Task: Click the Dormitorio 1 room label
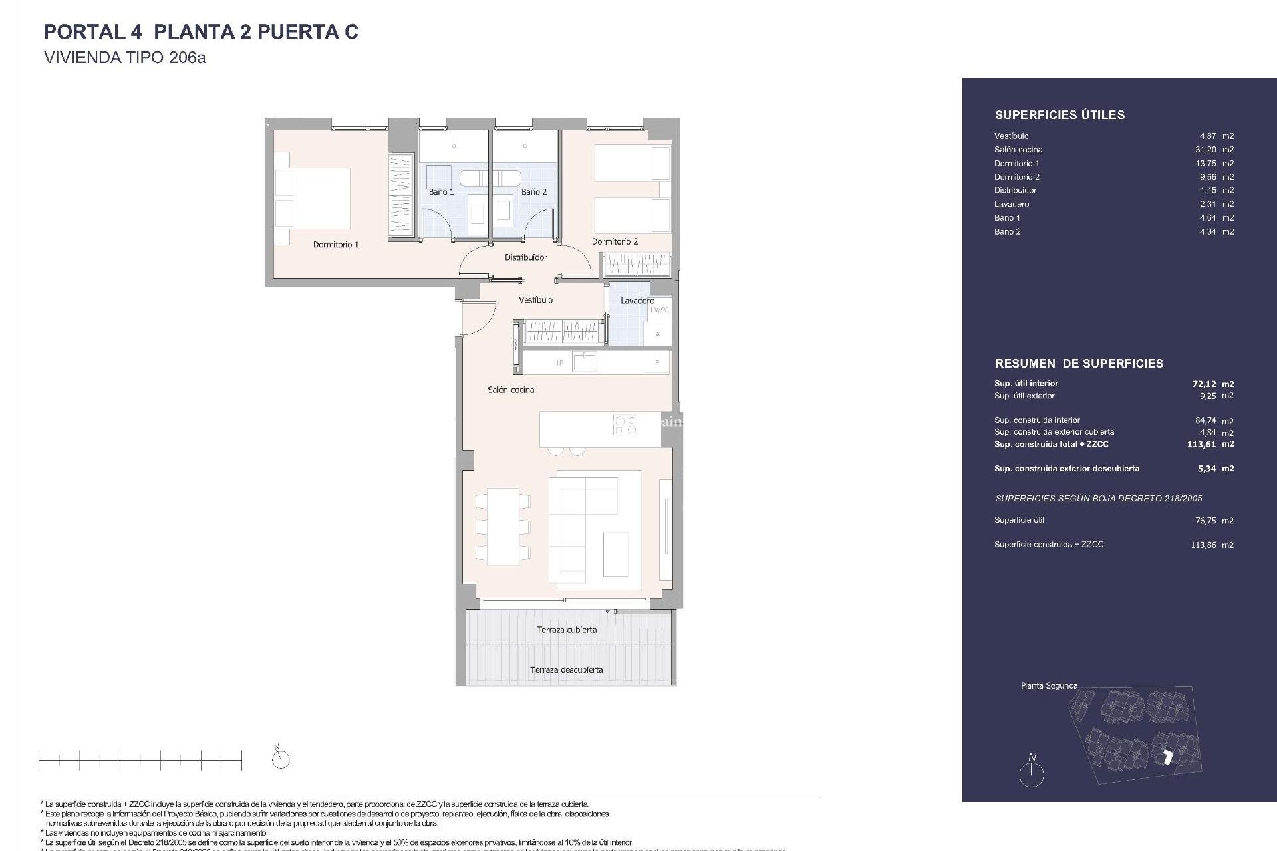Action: (336, 245)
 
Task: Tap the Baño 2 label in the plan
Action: (534, 192)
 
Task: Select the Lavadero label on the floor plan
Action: (637, 301)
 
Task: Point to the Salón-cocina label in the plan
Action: (511, 390)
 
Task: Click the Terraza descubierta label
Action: (567, 669)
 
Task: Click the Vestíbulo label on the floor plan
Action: (535, 300)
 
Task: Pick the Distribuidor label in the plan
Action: (525, 257)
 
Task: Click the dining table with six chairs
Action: (503, 527)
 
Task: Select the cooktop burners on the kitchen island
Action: (625, 425)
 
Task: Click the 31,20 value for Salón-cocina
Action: (1206, 150)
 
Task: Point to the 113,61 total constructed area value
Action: (1201, 445)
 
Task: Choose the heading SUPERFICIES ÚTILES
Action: (1060, 115)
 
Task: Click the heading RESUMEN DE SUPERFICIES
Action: (1079, 364)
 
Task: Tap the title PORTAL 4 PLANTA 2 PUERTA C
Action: (201, 32)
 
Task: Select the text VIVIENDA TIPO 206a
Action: (124, 58)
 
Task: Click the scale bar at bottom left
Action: (140, 759)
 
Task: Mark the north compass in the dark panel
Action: (1032, 773)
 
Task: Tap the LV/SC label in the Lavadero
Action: (659, 310)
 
